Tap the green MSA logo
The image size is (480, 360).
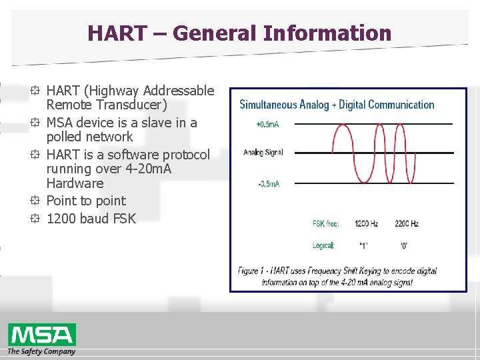coord(41,335)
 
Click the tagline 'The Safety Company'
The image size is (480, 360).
coord(41,351)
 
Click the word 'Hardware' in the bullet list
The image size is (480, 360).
coord(75,183)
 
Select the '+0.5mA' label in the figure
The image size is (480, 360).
coord(268,124)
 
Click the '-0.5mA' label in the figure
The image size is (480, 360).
coord(268,184)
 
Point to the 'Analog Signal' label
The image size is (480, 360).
coord(263,153)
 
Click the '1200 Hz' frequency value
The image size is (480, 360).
coord(367,223)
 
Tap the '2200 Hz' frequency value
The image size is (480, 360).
coord(406,223)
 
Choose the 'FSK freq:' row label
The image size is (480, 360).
coord(326,223)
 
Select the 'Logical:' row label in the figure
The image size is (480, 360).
coord(324,246)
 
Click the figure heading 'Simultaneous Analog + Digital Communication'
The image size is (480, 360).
coord(337,105)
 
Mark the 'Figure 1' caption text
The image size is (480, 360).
coord(337,277)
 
